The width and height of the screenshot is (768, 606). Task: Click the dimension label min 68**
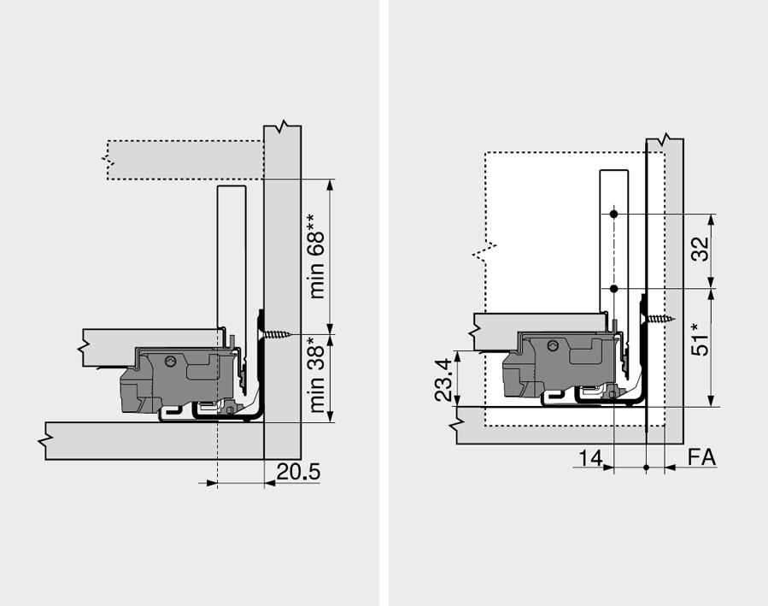point(318,256)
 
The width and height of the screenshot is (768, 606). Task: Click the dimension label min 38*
point(318,376)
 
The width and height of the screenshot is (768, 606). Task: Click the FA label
point(702,458)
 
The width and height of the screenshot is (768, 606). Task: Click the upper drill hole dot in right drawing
point(614,213)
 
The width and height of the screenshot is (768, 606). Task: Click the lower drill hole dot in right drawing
point(614,290)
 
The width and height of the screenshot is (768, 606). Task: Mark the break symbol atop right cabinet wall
point(665,138)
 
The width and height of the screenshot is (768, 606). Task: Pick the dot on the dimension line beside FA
point(647,468)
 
